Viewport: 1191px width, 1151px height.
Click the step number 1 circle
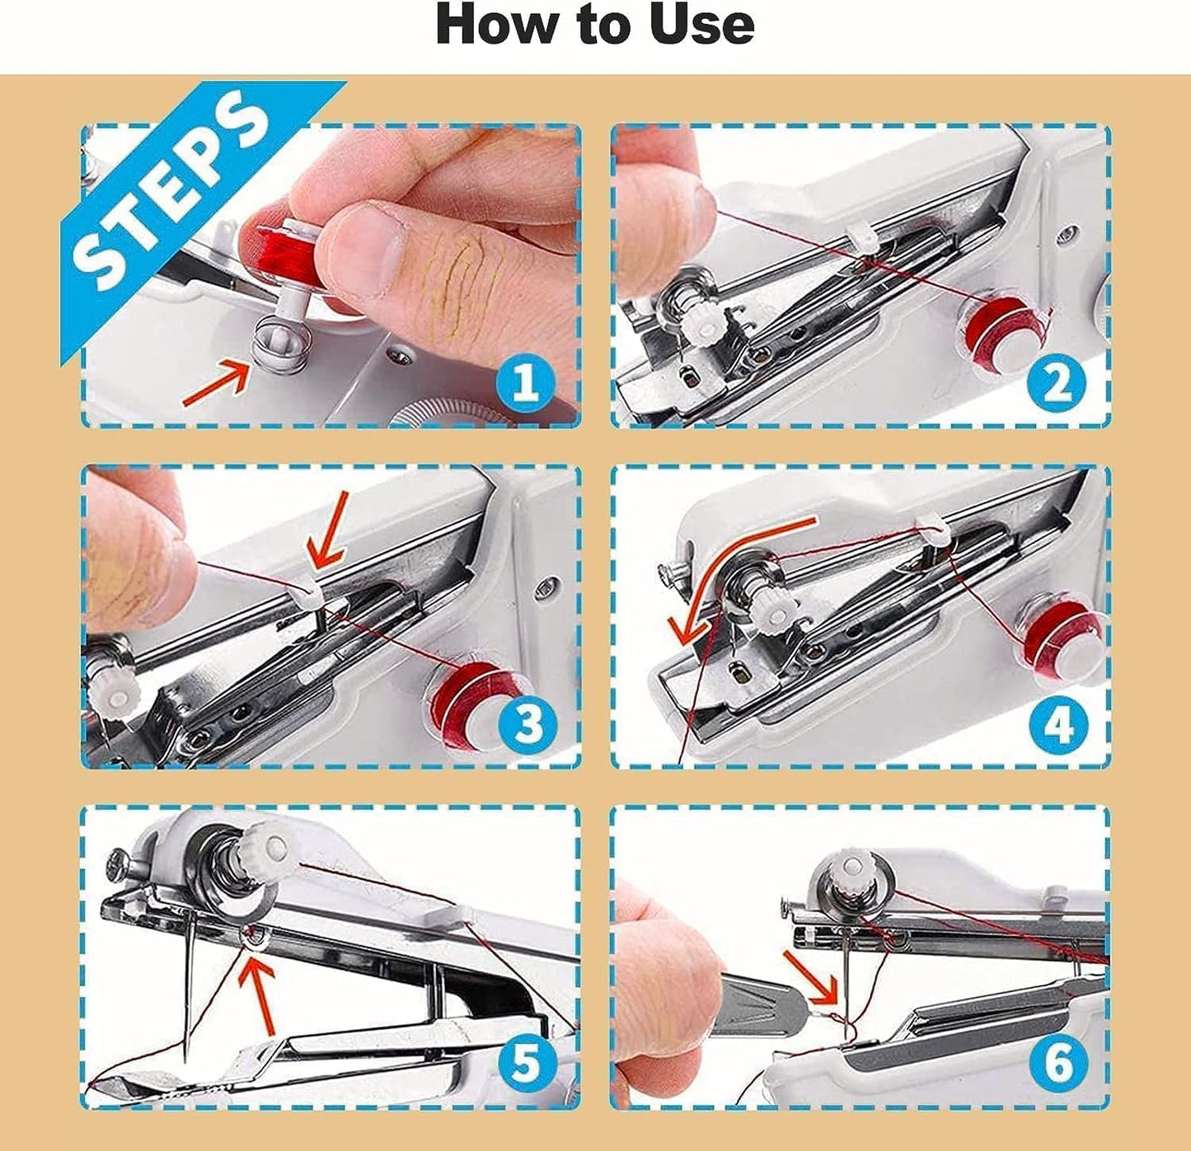point(525,383)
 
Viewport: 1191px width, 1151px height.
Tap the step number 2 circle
point(1057,383)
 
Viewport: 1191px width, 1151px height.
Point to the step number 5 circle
point(525,1063)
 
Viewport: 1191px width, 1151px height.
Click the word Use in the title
point(701,25)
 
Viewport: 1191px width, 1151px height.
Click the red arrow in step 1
point(216,384)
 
